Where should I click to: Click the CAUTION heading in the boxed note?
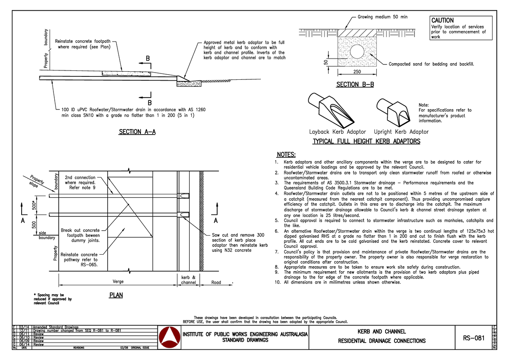coord(442,20)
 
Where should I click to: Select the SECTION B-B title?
coord(355,85)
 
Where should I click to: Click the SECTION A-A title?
coord(137,132)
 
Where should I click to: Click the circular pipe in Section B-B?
coord(356,52)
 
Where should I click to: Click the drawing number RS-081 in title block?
coord(473,338)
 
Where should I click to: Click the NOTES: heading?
coord(286,155)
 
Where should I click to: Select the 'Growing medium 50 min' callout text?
coord(382,17)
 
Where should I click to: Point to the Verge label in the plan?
coord(118,282)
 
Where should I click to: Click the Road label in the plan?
coord(216,282)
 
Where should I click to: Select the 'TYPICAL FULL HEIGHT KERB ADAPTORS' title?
coord(366,141)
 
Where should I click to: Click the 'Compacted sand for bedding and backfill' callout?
coord(431,64)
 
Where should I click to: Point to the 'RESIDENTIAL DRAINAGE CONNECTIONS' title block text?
coord(381,341)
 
